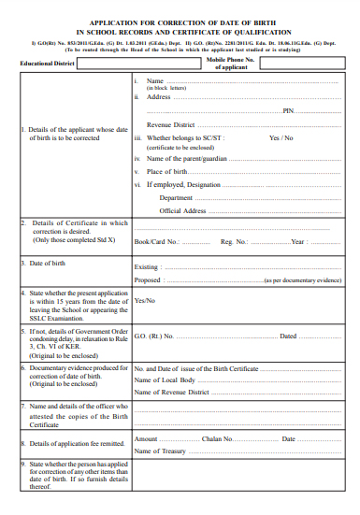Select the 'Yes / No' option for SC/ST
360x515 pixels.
point(281,138)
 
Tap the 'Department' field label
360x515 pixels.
point(176,198)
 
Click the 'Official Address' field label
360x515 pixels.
point(182,211)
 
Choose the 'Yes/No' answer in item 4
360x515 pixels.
point(145,301)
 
